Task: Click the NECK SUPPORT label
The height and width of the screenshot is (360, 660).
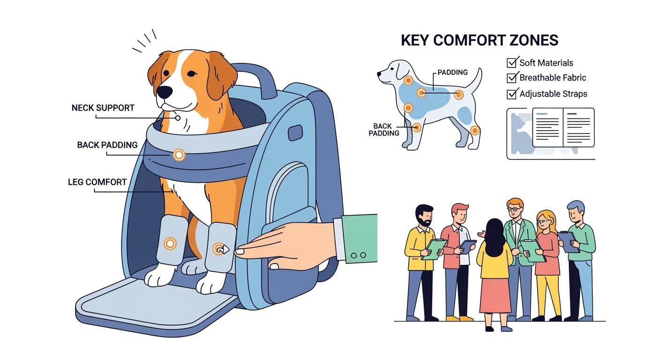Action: (103, 108)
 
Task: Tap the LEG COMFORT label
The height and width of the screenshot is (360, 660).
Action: (97, 182)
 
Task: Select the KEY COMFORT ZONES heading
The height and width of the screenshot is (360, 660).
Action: (480, 40)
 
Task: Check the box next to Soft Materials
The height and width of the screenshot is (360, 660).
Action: (512, 62)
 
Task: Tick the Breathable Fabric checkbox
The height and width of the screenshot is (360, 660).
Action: (512, 78)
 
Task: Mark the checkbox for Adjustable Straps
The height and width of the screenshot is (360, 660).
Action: (512, 94)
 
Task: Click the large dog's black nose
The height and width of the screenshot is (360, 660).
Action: (164, 92)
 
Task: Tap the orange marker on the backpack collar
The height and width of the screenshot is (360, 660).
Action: (178, 154)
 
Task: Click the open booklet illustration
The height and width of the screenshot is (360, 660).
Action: (562, 127)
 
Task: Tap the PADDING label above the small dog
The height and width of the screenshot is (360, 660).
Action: (452, 73)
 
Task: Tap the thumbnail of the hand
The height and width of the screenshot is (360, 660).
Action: (240, 251)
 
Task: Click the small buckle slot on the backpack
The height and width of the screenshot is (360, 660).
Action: (294, 133)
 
